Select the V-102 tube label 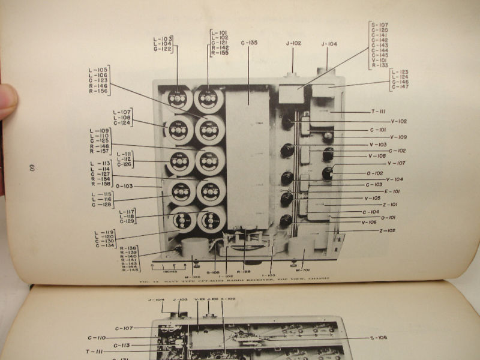(x=398, y=121)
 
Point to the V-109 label (x=398, y=137)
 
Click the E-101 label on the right (x=392, y=191)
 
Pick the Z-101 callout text (x=389, y=205)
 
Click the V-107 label (x=397, y=163)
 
